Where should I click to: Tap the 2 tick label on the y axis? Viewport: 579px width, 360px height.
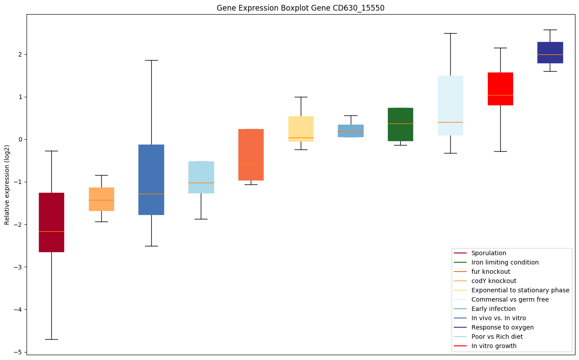tap(21, 54)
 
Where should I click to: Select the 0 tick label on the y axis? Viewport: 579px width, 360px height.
tap(21, 139)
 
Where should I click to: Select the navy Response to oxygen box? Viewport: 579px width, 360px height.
tap(550, 53)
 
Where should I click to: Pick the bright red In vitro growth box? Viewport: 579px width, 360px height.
tap(500, 88)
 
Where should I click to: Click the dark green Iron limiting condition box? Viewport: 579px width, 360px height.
tap(400, 124)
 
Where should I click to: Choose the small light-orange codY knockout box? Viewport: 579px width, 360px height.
tap(101, 199)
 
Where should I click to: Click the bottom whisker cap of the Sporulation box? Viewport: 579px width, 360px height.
tap(51, 339)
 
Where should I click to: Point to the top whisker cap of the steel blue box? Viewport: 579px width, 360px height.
tap(151, 60)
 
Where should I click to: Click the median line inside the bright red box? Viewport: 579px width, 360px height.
tap(500, 95)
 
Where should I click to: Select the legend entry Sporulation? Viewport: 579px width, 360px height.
tap(488, 253)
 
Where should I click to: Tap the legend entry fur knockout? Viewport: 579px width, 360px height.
tap(491, 272)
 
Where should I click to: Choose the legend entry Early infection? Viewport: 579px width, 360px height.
tap(493, 309)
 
